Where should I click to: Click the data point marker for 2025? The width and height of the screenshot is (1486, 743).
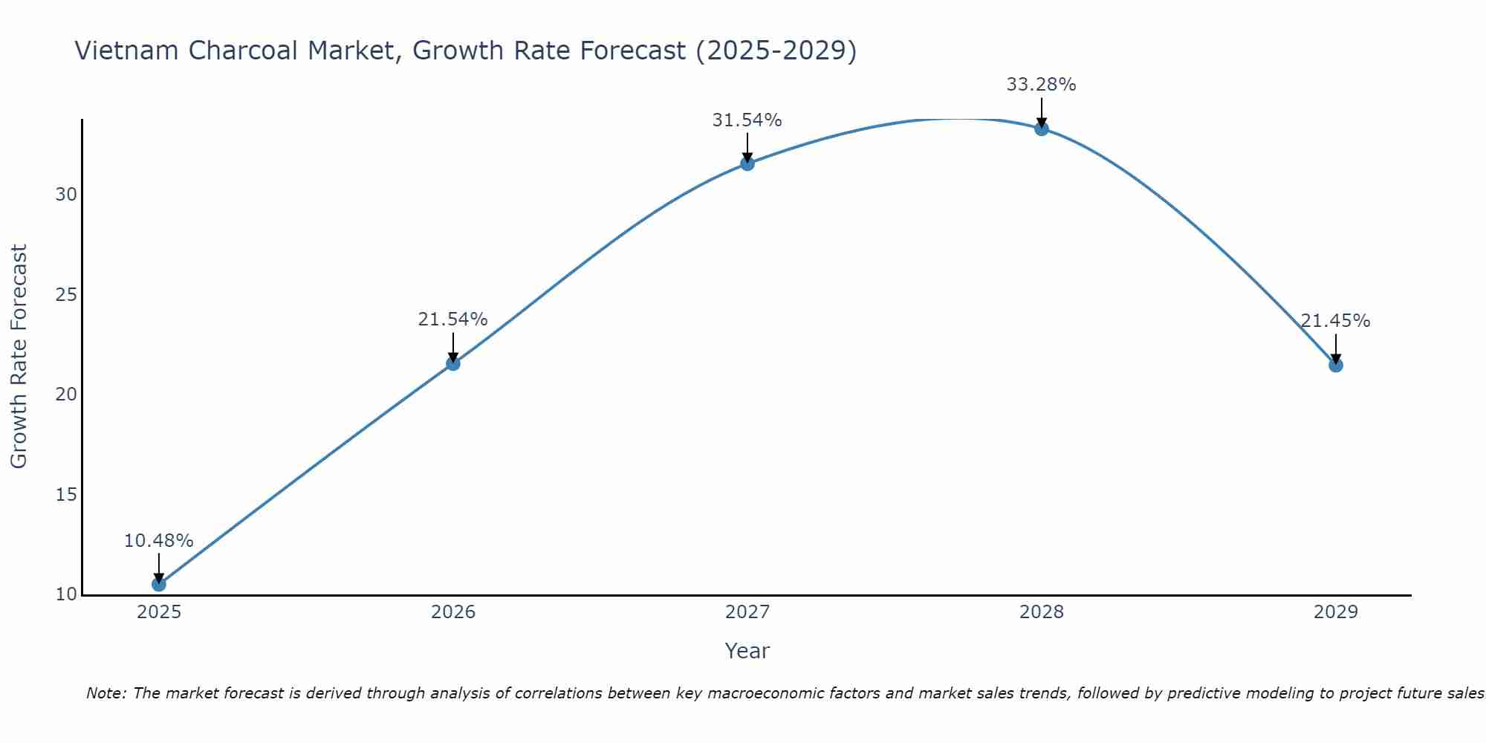tap(159, 585)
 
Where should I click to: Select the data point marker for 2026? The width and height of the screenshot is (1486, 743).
tap(453, 363)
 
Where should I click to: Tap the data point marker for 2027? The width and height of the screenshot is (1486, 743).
tap(747, 163)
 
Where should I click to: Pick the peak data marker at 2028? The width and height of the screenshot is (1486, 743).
tap(1042, 129)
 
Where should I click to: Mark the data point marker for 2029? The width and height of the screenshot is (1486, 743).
tap(1336, 365)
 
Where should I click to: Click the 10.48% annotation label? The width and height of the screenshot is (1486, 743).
tap(158, 541)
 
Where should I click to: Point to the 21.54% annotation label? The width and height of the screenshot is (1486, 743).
tap(452, 319)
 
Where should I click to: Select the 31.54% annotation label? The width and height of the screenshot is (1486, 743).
tap(747, 120)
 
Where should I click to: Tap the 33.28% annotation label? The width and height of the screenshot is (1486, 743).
tap(1041, 85)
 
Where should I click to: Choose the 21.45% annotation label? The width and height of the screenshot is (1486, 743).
tap(1335, 321)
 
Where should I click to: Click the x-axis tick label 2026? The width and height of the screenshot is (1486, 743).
tap(453, 612)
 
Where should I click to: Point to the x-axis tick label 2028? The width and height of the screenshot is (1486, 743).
tap(1042, 612)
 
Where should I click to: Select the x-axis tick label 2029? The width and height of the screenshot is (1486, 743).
tap(1336, 612)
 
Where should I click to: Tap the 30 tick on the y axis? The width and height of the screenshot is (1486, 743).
tap(66, 195)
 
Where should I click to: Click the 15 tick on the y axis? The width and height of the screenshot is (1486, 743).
tap(66, 495)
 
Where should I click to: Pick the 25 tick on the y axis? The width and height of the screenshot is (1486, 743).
tap(66, 295)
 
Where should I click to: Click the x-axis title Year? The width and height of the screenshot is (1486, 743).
tap(747, 651)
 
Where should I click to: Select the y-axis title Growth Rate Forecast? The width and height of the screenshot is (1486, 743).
tap(19, 357)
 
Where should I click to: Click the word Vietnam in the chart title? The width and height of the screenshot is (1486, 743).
tap(127, 51)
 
